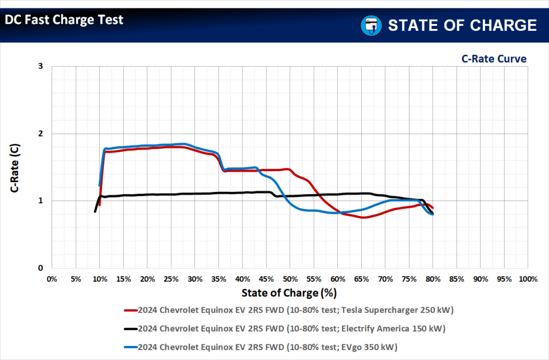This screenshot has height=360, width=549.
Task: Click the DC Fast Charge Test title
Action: point(64,20)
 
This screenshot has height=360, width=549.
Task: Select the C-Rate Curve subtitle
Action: point(494,58)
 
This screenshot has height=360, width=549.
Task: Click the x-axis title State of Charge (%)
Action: point(289,292)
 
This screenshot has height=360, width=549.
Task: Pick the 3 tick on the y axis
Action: point(40,66)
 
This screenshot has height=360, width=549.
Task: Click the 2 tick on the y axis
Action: point(40,133)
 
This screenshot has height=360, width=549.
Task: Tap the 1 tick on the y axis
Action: point(40,200)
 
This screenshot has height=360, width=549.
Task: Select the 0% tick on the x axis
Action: point(52,278)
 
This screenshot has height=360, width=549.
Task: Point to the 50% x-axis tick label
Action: point(290,278)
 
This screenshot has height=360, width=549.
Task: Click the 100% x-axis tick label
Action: point(527,278)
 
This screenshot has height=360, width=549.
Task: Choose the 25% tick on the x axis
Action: point(171,278)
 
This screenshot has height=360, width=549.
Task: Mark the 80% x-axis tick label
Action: point(432,278)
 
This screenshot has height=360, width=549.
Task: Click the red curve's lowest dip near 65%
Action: point(364,217)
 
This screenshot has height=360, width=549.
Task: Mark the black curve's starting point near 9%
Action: point(95,212)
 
